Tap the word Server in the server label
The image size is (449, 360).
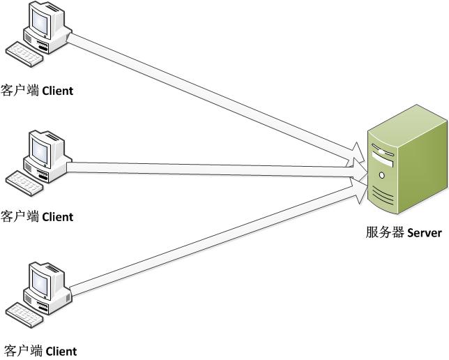click(421, 233)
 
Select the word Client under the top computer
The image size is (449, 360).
click(58, 91)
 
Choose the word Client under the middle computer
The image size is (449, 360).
click(58, 217)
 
